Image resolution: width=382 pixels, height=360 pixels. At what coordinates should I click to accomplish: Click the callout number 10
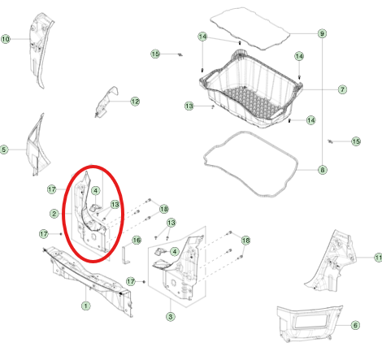pos(6,39)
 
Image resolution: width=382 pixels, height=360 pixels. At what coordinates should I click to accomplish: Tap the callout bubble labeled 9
pos(322,33)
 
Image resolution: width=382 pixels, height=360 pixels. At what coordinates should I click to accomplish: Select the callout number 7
pos(342,89)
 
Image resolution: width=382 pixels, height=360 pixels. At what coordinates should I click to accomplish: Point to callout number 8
pos(322,170)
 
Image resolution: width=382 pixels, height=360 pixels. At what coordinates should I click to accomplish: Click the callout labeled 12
pos(135,102)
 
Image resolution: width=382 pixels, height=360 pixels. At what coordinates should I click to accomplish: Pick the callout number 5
pos(4,150)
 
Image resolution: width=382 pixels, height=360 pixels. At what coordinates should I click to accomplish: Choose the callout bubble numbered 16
pos(137,240)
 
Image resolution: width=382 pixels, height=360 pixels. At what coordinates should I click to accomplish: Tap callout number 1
pos(86,306)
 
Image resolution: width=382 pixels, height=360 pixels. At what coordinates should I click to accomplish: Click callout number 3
pos(171,316)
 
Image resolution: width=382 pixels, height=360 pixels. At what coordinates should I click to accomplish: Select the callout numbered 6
pos(355,325)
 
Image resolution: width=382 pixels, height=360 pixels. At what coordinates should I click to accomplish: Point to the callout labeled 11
pos(378,258)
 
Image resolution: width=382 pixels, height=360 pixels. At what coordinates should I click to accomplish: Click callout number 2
pos(54,214)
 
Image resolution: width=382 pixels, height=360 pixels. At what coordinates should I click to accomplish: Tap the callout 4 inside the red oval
pos(95,191)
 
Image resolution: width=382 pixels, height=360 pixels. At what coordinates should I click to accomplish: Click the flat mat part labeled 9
pos(250,28)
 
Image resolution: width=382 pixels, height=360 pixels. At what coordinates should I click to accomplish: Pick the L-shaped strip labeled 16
pos(125,254)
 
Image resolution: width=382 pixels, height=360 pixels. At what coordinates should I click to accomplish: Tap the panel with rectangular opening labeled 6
pos(309,323)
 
